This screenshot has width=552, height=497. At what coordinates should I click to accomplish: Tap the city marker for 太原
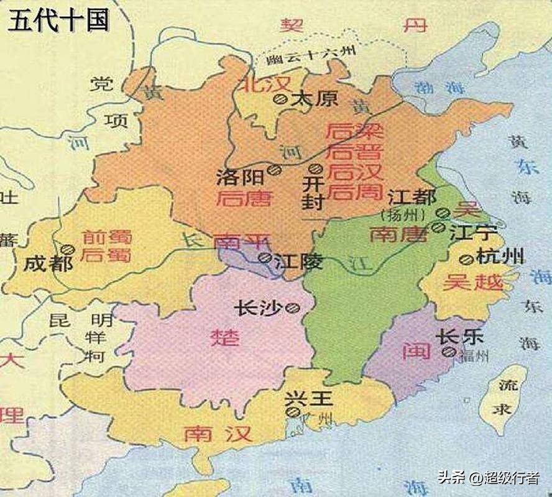[281, 98]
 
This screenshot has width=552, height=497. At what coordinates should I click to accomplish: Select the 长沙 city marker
[292, 307]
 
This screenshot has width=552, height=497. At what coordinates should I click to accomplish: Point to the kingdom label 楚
[225, 338]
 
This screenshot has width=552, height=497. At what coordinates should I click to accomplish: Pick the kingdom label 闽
[416, 351]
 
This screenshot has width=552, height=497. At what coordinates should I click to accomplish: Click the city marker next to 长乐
[449, 352]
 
